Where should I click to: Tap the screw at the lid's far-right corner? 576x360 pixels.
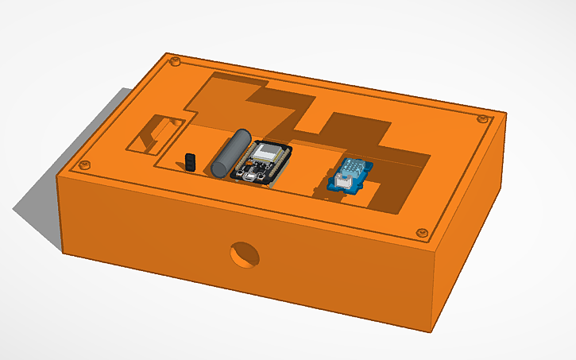click(x=481, y=118)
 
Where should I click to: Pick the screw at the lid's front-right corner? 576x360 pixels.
click(x=421, y=233)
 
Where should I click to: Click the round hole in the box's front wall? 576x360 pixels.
click(x=243, y=254)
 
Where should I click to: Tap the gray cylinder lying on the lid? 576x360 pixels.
click(x=231, y=152)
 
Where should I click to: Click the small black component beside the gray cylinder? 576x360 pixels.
click(x=191, y=161)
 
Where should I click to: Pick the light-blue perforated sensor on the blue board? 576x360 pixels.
click(x=354, y=168)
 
